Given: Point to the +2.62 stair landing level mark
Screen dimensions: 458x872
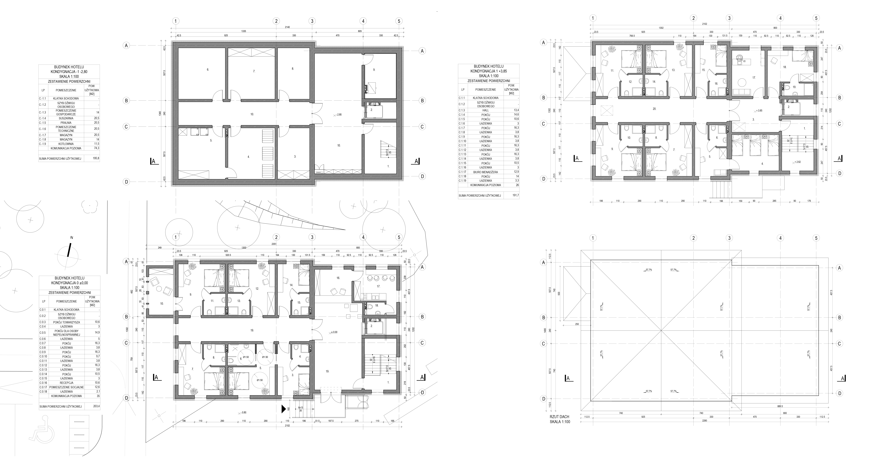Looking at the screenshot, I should pyautogui.click(x=797, y=162).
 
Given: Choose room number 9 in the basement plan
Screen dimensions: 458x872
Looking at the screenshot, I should pyautogui.click(x=374, y=69).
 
